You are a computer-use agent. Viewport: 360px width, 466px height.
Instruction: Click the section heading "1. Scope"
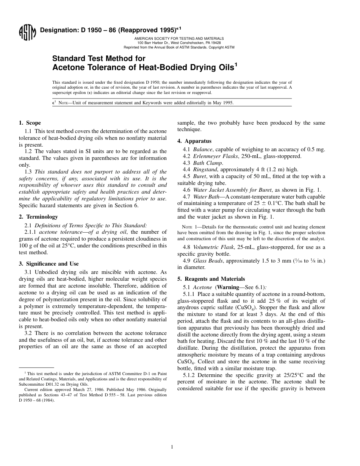click(30, 123)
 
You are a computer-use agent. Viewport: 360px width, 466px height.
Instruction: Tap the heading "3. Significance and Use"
click(49, 264)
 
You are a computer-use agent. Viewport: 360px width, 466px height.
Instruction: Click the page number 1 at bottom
click(172, 447)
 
